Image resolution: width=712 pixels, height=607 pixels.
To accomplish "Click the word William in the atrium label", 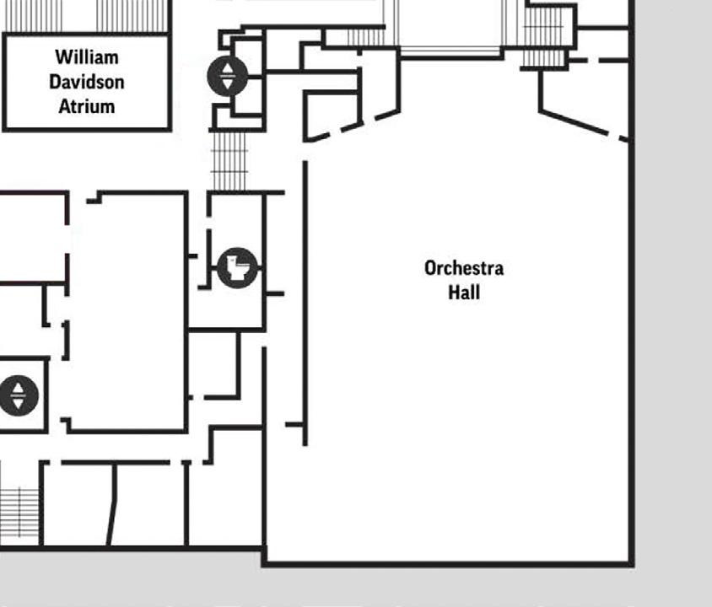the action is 87,57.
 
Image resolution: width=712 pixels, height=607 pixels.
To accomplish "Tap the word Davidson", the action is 87,82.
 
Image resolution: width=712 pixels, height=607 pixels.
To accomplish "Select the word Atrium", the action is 87,106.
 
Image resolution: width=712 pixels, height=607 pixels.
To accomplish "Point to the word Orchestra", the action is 464,268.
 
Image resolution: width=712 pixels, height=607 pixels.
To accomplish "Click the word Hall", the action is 464,292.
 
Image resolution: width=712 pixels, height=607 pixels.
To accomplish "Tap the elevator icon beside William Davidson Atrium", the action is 228,76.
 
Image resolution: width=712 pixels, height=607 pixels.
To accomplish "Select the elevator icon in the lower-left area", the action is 19,395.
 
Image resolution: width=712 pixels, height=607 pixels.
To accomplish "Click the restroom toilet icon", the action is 237,268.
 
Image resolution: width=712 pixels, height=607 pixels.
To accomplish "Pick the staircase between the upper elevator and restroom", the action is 229,160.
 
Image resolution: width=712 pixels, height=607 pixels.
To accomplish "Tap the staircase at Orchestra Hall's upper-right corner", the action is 543,34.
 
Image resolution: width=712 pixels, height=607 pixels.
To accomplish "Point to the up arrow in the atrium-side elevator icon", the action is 228,67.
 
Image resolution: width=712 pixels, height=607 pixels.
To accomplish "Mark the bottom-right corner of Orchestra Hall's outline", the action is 631,562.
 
